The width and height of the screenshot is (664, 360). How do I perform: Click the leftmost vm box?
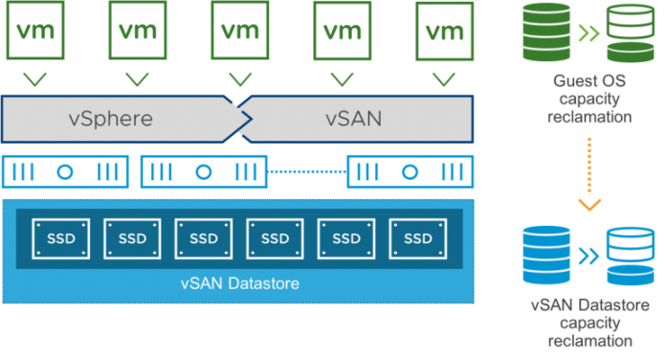click(35, 30)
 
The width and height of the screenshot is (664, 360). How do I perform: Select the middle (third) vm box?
click(240, 30)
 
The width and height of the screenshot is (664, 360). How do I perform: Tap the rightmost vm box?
click(445, 31)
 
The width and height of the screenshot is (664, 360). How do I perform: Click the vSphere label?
click(111, 119)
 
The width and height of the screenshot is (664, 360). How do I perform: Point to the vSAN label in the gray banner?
click(354, 119)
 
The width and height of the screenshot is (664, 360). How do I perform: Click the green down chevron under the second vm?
click(137, 79)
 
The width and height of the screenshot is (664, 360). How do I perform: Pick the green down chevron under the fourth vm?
click(343, 79)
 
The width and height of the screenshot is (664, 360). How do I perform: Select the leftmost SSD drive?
click(61, 238)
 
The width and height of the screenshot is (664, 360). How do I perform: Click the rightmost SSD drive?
click(418, 238)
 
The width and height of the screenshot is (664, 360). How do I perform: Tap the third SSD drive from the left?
click(204, 238)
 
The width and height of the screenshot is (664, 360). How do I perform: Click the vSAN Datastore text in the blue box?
click(240, 283)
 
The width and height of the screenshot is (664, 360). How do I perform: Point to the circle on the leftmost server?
click(65, 172)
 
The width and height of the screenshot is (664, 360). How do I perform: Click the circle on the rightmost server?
click(409, 172)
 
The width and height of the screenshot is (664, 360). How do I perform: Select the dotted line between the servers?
click(307, 171)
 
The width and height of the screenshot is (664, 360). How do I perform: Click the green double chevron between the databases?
click(588, 34)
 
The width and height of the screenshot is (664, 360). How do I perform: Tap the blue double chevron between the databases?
click(588, 256)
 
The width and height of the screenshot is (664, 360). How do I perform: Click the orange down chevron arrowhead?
click(589, 205)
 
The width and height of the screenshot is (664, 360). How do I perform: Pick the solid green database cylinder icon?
click(546, 32)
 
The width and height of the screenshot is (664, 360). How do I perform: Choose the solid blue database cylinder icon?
click(546, 255)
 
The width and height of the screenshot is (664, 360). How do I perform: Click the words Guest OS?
click(589, 80)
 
